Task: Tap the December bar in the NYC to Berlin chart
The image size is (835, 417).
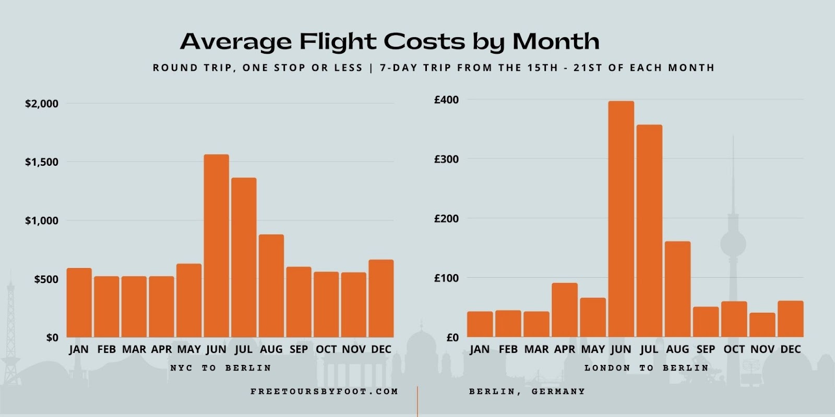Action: pyautogui.click(x=381, y=298)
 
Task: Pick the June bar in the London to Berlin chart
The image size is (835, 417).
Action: pyautogui.click(x=621, y=219)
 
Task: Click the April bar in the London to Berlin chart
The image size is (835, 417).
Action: pyautogui.click(x=565, y=310)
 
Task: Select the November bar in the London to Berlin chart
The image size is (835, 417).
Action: pyautogui.click(x=762, y=325)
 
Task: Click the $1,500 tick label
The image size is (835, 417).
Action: pyautogui.click(x=42, y=162)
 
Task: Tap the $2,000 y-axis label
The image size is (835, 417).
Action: pyautogui.click(x=42, y=104)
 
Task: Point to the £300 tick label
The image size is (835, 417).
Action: pyautogui.click(x=446, y=159)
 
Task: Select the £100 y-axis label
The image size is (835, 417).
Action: pyautogui.click(x=446, y=278)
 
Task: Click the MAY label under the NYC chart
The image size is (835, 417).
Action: pyautogui.click(x=189, y=349)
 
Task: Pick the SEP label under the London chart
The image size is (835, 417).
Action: pyautogui.click(x=706, y=349)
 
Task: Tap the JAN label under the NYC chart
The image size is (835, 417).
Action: pyautogui.click(x=79, y=349)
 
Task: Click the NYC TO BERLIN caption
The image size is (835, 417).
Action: pyautogui.click(x=221, y=368)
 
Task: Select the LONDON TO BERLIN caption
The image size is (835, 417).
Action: pyautogui.click(x=646, y=368)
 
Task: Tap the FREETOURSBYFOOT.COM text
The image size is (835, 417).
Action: pyautogui.click(x=324, y=391)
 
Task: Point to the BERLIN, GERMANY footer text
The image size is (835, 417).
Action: pyautogui.click(x=527, y=391)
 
